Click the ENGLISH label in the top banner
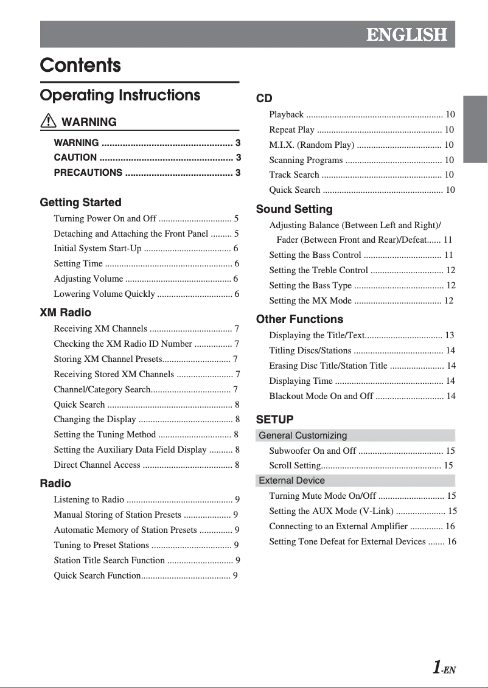[406, 35]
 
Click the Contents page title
[80, 65]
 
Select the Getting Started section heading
[80, 203]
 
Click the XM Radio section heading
[65, 313]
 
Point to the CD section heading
[264, 99]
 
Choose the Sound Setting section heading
[294, 209]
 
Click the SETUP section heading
[274, 420]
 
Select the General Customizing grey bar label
[303, 436]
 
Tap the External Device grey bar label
[292, 481]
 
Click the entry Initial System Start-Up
[97, 248]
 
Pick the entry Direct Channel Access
[97, 465]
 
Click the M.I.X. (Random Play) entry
[312, 145]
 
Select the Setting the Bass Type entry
[310, 285]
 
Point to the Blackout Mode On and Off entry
[321, 396]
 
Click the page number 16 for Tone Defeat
[451, 541]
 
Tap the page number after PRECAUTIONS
[238, 173]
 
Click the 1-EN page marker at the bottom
[444, 669]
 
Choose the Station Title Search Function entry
[109, 560]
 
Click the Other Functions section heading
[299, 319]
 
